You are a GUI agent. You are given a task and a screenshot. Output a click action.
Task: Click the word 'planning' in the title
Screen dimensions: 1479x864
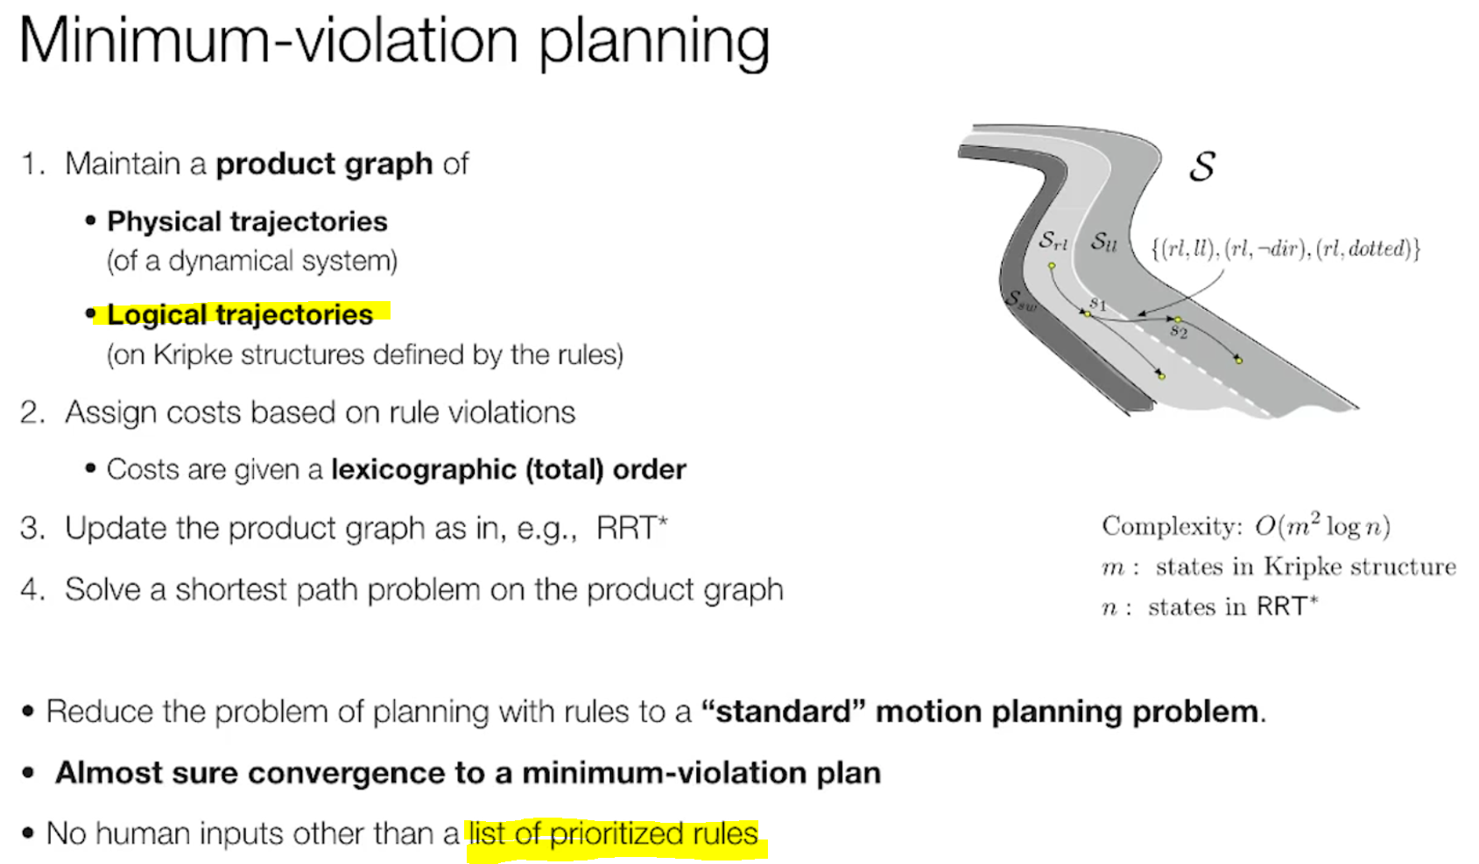[653, 41]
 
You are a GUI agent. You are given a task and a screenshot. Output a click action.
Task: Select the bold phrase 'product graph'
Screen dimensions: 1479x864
[324, 164]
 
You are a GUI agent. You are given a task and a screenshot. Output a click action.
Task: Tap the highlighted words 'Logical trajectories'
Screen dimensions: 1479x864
[240, 314]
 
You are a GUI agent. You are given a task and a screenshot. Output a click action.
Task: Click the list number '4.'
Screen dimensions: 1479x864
[32, 589]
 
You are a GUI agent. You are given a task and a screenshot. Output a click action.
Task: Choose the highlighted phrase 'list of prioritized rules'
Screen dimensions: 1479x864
[613, 833]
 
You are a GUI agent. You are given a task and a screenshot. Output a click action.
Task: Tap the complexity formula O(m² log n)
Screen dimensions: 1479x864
[1321, 526]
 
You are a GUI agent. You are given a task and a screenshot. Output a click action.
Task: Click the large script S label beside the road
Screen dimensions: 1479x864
[1202, 165]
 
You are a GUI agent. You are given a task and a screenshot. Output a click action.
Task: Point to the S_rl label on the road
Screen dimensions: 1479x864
[1053, 241]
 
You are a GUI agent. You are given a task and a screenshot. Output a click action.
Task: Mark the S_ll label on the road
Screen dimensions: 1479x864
[1103, 242]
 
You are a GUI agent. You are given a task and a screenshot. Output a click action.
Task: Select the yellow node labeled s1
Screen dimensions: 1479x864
[1087, 313]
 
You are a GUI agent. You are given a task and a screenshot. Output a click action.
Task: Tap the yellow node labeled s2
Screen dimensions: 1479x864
[1178, 320]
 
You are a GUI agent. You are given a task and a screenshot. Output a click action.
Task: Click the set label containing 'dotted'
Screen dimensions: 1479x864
[1285, 249]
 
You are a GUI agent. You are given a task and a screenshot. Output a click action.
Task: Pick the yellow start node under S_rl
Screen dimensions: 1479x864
[1052, 265]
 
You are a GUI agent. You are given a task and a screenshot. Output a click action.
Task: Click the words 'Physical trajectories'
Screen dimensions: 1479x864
[247, 221]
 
